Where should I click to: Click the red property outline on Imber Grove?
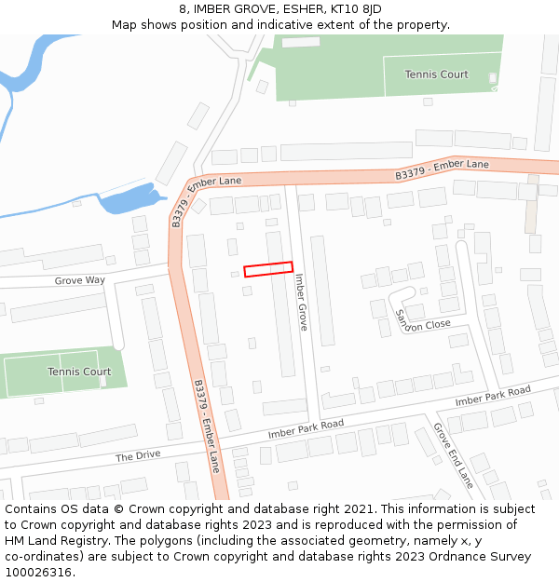click(268, 268)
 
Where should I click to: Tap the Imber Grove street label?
click(301, 302)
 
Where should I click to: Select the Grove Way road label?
click(80, 280)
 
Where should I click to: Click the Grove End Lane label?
click(453, 455)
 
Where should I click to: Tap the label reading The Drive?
click(138, 455)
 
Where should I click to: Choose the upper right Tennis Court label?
click(437, 74)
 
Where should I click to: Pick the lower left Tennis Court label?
click(79, 372)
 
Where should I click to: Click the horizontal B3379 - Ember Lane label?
click(442, 169)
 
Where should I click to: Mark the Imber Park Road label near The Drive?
click(306, 428)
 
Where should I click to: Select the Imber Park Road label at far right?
click(492, 396)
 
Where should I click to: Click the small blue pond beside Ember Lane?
click(126, 198)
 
